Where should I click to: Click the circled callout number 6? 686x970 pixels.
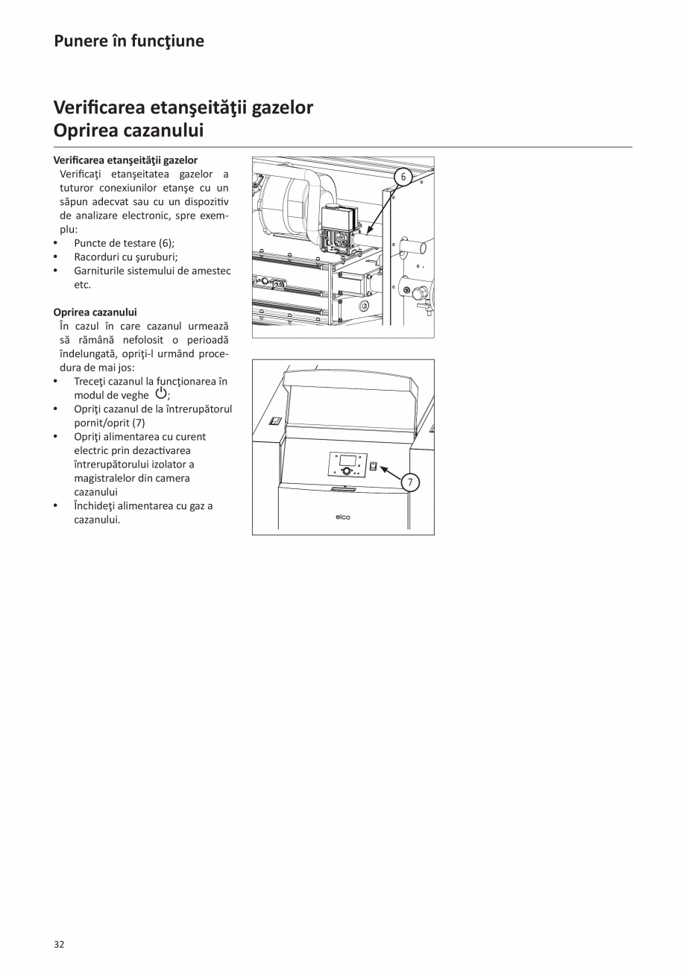click(x=403, y=177)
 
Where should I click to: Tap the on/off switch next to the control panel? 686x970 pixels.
click(x=374, y=467)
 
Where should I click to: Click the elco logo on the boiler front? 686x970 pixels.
click(x=342, y=517)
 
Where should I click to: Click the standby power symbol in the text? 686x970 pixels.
click(x=160, y=394)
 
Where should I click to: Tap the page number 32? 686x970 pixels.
click(x=59, y=945)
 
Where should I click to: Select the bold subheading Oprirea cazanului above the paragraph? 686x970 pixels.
click(x=95, y=312)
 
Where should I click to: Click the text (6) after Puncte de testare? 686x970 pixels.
click(x=166, y=243)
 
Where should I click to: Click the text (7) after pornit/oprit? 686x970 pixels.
click(x=138, y=423)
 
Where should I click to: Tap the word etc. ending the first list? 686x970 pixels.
click(x=82, y=285)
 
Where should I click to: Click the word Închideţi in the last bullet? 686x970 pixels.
click(x=97, y=506)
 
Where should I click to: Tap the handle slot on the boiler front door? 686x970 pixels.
click(x=344, y=489)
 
